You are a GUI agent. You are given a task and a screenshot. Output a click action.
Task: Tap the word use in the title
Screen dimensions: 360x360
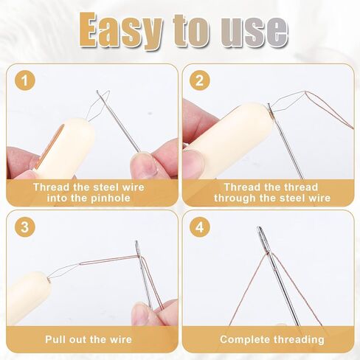coord(254,31)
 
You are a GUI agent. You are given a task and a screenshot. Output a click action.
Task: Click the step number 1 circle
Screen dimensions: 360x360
coord(25,80)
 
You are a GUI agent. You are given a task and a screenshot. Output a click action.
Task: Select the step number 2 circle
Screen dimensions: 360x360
coord(200,80)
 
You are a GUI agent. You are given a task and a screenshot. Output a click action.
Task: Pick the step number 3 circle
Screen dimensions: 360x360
coord(25,226)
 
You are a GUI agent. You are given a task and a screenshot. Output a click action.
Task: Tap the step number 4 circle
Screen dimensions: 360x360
coord(200,226)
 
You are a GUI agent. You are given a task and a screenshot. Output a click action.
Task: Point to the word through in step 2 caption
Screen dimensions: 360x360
coord(235,198)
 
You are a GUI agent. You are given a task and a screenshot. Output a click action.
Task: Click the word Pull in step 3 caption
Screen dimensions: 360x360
coord(55,339)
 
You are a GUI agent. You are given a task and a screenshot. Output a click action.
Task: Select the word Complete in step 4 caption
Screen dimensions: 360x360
coord(245,339)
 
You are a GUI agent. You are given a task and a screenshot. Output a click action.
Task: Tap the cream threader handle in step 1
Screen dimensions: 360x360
coord(64,149)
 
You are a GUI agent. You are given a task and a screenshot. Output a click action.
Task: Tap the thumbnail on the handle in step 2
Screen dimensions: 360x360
coord(194,162)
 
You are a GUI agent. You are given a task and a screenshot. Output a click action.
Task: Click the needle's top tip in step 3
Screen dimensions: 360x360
coord(136,241)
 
